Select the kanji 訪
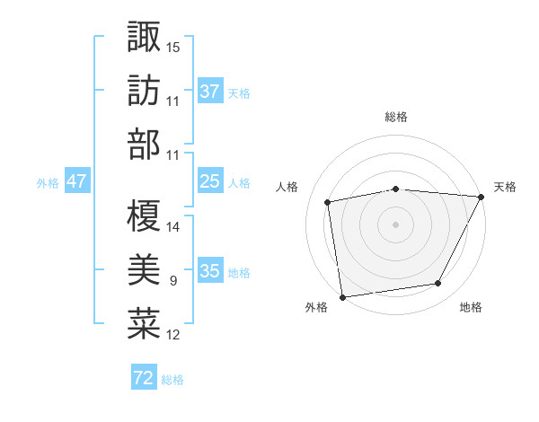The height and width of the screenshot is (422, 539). click(x=144, y=91)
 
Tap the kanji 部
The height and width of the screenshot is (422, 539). click(x=144, y=144)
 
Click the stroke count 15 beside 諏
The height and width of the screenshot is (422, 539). click(x=173, y=46)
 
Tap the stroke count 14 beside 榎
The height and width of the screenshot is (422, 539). click(x=173, y=226)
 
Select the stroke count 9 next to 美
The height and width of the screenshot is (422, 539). click(x=173, y=281)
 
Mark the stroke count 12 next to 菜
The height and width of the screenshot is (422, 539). click(x=173, y=335)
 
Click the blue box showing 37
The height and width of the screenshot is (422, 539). click(x=209, y=92)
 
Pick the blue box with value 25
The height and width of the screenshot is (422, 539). click(x=209, y=181)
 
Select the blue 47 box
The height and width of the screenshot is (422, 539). click(x=76, y=181)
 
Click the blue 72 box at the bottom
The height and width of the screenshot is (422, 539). click(x=144, y=378)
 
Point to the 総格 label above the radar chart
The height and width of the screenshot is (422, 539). click(x=396, y=117)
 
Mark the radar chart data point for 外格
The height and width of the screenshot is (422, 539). click(x=342, y=295)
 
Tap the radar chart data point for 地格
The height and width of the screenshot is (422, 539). click(x=438, y=284)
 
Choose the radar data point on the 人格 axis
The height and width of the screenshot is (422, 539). click(x=328, y=202)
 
